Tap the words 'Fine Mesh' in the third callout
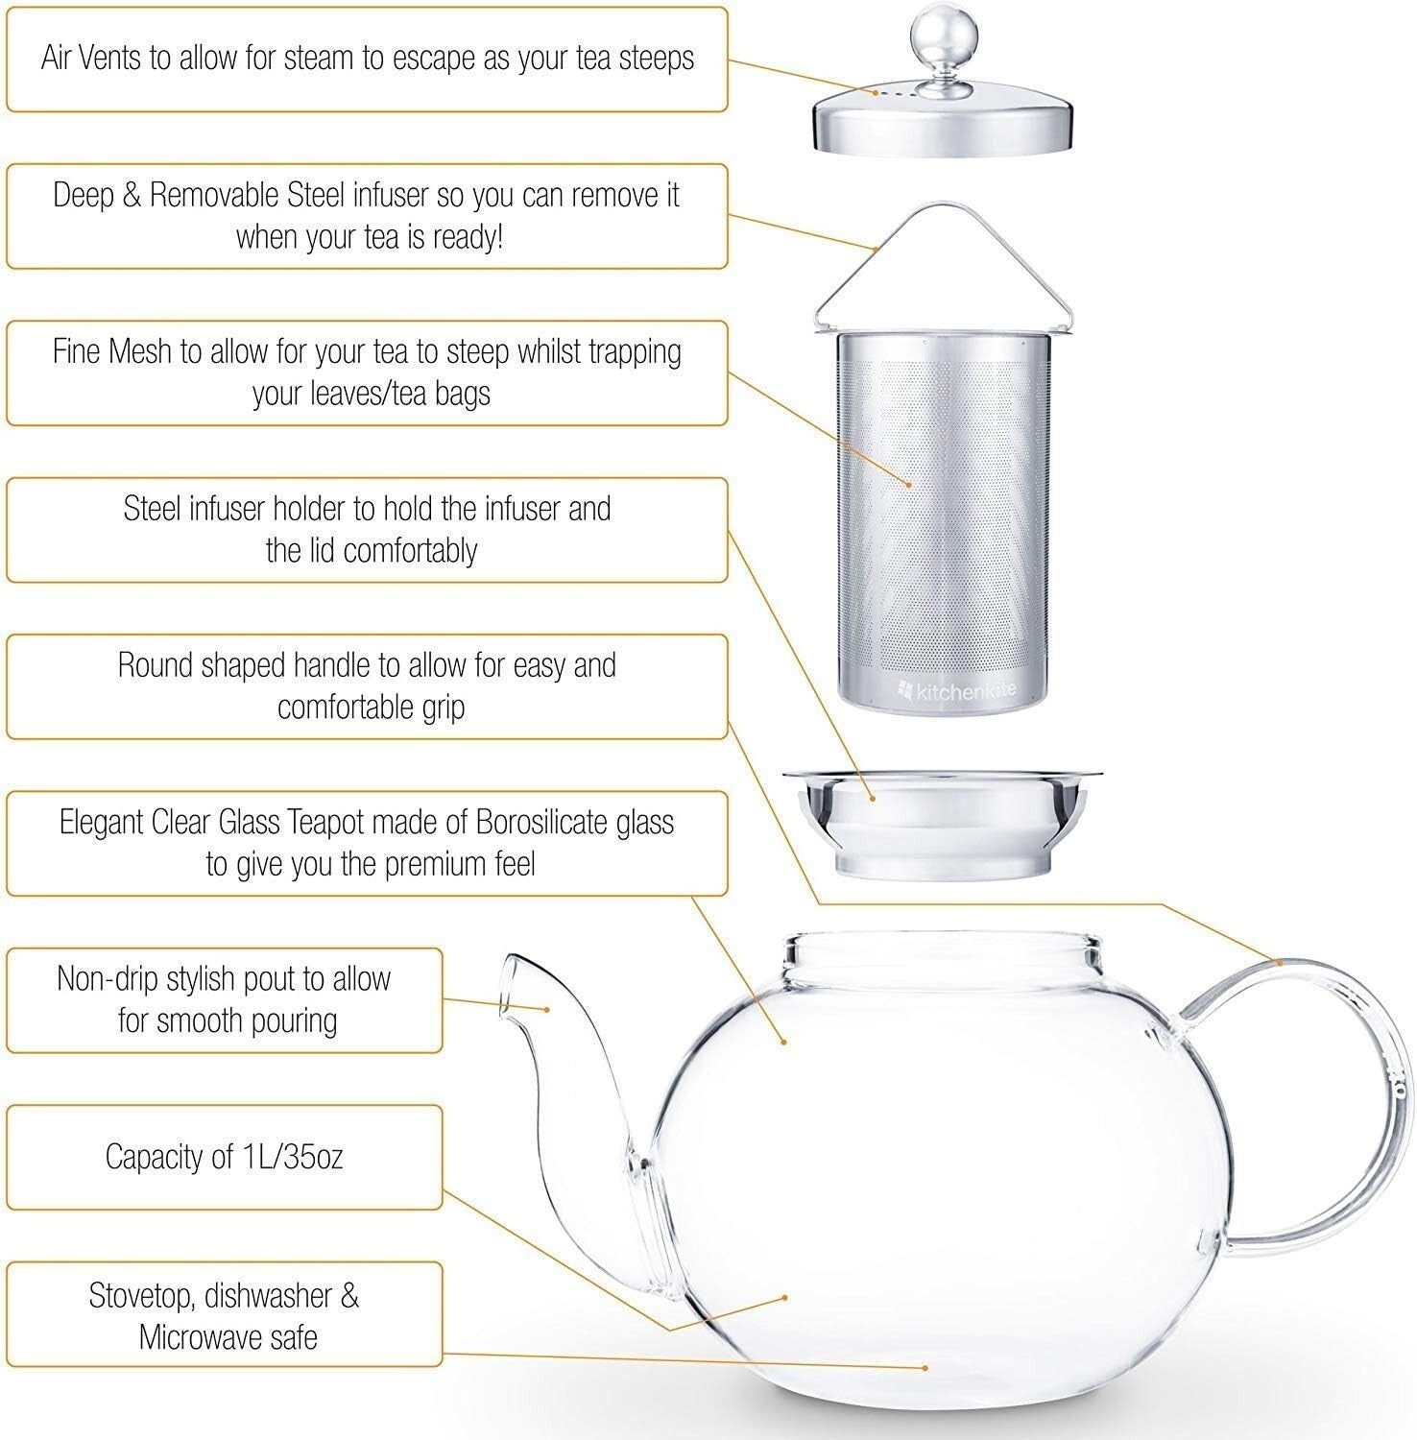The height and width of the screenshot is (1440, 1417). [x=113, y=351]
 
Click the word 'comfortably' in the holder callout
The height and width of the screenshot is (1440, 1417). [x=409, y=550]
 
